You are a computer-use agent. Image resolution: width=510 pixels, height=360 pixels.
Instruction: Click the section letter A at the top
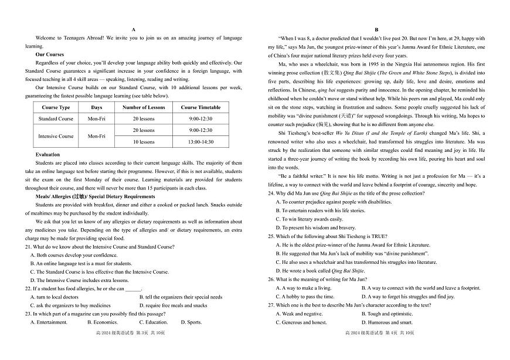134,29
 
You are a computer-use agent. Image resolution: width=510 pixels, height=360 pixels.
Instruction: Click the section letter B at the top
376,29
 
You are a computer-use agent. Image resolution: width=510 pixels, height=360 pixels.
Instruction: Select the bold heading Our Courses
50,54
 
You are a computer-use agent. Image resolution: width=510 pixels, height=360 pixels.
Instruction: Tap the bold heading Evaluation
47,155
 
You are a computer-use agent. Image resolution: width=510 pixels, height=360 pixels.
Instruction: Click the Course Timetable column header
200,108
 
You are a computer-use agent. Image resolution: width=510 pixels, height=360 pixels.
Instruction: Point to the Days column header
96,108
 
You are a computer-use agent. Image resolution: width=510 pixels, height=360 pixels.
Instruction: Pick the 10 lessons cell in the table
144,142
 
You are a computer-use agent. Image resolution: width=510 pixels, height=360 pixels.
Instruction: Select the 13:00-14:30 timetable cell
200,142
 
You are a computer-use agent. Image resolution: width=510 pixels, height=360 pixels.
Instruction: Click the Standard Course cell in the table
56,119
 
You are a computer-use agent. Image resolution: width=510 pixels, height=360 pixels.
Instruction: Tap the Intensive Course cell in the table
56,136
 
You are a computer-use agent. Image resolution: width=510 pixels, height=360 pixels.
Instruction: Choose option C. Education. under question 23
154,322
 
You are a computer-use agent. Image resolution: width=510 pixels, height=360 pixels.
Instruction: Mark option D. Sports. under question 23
191,322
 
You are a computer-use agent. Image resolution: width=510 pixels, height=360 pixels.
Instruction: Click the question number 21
28,247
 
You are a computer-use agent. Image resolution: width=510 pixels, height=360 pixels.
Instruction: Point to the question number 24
271,193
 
